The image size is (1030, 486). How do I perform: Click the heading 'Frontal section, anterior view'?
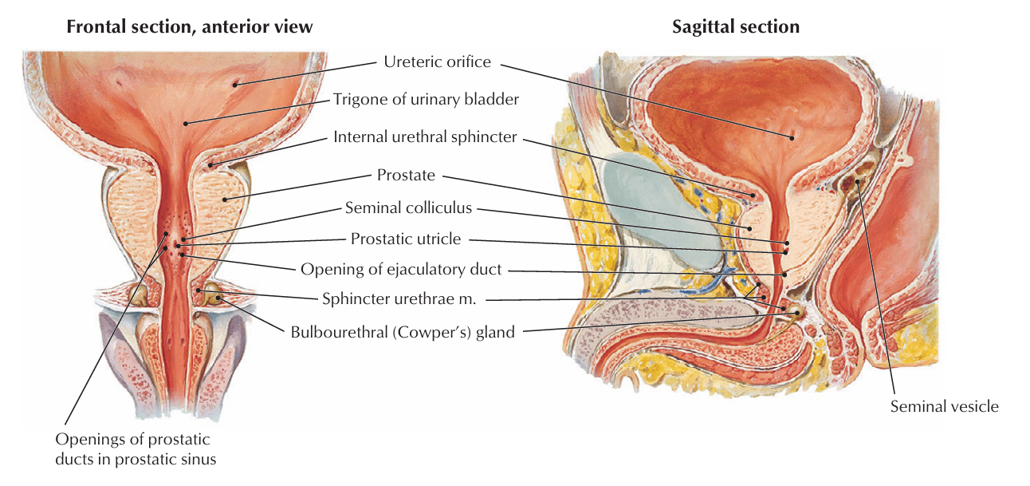tap(190, 27)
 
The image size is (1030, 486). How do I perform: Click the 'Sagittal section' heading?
tap(735, 27)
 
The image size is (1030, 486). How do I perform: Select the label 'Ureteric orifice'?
tap(437, 61)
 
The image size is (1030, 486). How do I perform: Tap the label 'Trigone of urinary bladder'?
tap(426, 100)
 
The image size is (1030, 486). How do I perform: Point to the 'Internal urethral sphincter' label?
tap(425, 137)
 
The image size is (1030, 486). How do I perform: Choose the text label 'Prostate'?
tap(406, 175)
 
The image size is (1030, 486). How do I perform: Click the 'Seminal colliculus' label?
tap(408, 208)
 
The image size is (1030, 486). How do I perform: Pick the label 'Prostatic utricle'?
tap(406, 239)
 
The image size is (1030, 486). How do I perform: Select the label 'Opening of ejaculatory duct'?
tap(401, 269)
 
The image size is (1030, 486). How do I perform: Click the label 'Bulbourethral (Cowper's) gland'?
tap(403, 331)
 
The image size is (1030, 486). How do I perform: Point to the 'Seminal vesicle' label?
tap(944, 406)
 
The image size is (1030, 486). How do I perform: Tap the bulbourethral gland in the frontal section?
tap(213, 296)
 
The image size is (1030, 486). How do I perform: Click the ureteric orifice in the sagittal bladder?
tap(792, 136)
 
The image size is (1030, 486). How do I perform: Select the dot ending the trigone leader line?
tap(185, 123)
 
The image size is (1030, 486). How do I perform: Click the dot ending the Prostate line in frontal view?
tap(226, 200)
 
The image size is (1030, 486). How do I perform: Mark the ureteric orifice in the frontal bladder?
tap(235, 82)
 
